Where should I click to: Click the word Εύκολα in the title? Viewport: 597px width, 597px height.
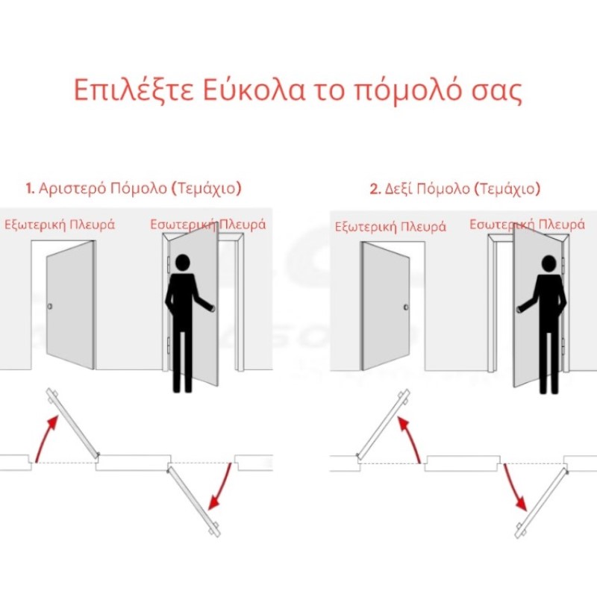(x=254, y=90)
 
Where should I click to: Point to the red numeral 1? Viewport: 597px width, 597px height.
(x=30, y=189)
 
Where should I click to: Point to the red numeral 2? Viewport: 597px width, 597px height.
(x=375, y=189)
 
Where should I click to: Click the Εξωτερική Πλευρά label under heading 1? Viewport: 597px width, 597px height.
(x=60, y=225)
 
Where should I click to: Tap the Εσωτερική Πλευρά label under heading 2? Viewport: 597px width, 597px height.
(x=527, y=225)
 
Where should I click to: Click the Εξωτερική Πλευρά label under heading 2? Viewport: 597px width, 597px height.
(x=390, y=227)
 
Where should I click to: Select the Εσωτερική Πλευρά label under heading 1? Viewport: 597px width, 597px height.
(x=208, y=225)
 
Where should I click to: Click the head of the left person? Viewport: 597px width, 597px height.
(x=182, y=263)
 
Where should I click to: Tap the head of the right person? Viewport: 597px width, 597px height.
(x=548, y=264)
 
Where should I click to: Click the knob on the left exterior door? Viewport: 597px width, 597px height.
(x=49, y=306)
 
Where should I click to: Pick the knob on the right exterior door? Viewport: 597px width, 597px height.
(x=406, y=307)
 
